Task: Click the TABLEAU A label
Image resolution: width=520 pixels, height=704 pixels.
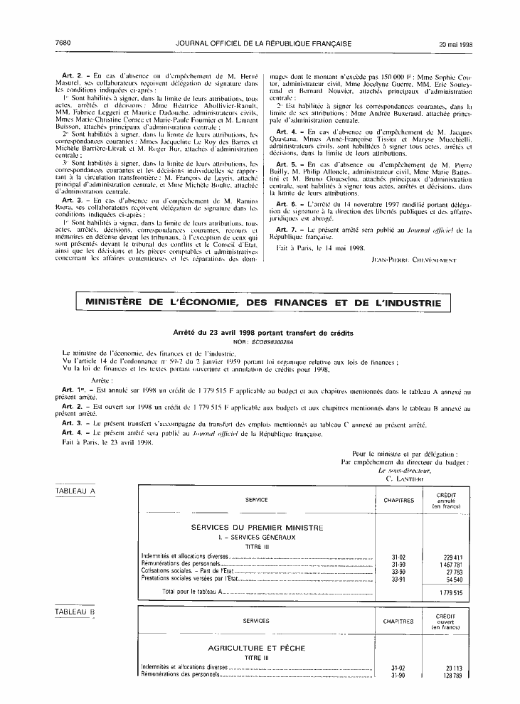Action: [x=75, y=491]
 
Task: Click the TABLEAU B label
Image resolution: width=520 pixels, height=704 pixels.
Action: [x=75, y=611]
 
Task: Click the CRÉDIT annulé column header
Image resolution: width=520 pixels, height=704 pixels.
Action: [x=447, y=500]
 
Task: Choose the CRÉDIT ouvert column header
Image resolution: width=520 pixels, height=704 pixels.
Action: [x=447, y=620]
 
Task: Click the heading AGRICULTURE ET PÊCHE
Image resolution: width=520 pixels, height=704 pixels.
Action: [x=256, y=649]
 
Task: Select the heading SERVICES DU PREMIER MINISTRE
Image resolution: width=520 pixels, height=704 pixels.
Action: [x=257, y=528]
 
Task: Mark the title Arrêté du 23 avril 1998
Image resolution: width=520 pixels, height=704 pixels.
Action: [x=263, y=333]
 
